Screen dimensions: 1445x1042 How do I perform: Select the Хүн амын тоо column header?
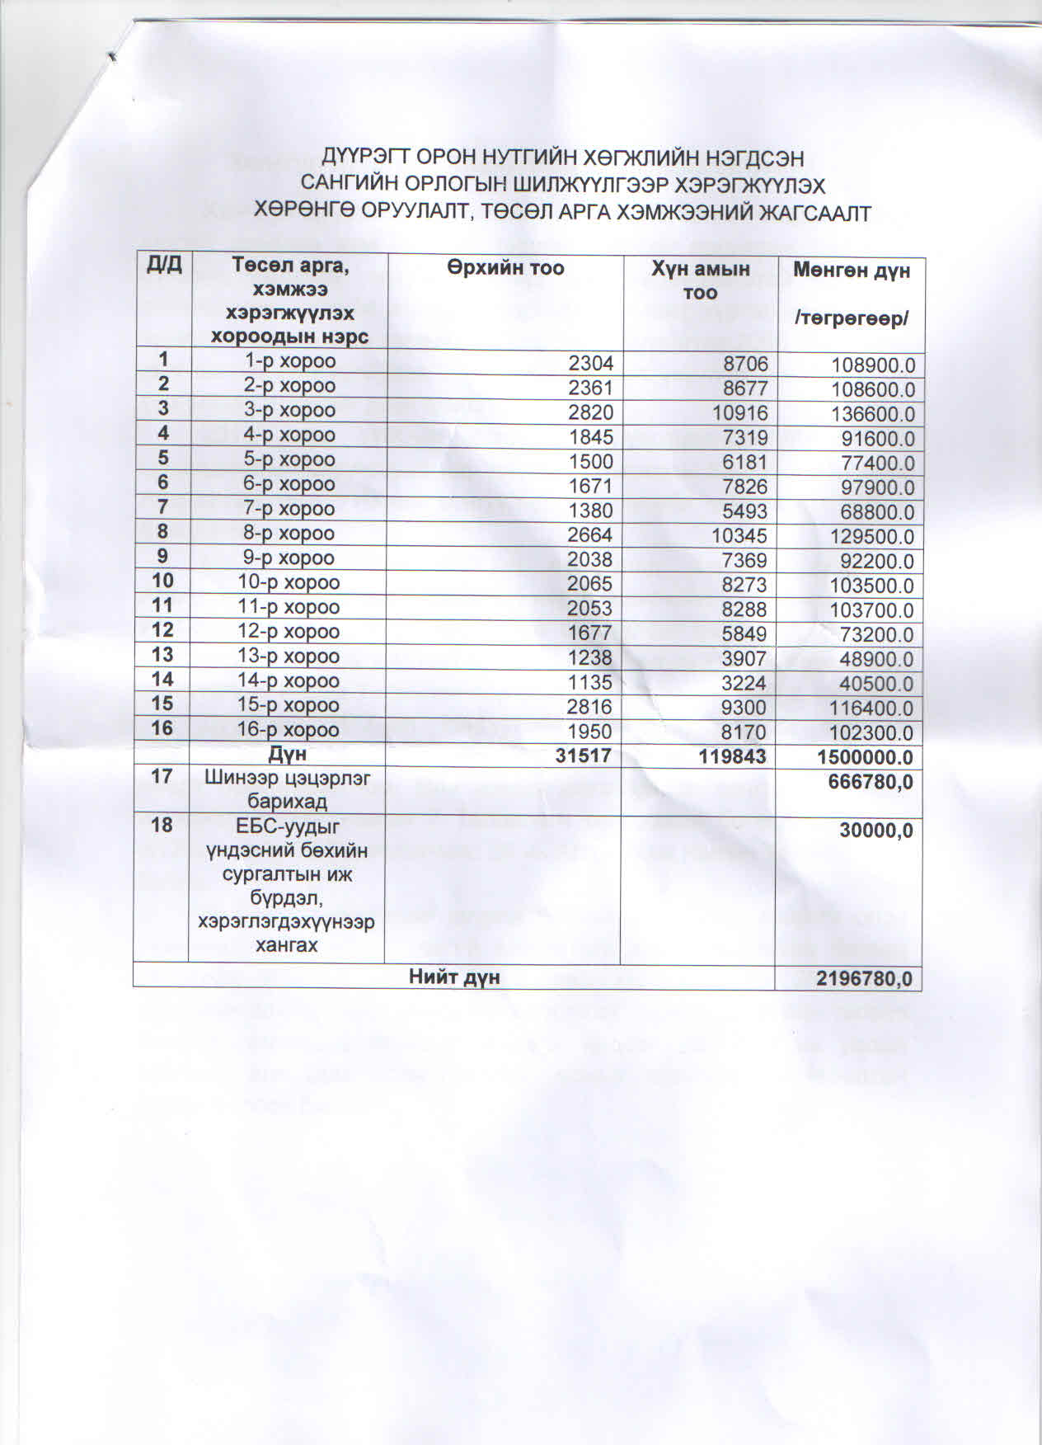(x=700, y=280)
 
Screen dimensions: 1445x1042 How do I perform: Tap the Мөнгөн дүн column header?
(x=851, y=270)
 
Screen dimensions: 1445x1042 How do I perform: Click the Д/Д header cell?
(x=163, y=265)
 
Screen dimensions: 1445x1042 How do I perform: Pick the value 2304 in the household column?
(x=591, y=362)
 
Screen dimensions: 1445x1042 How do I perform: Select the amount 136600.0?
(x=873, y=414)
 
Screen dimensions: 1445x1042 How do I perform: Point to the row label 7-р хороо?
(x=289, y=509)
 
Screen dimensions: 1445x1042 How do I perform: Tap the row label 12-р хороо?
(x=289, y=632)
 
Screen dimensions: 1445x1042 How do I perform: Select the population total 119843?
(x=732, y=756)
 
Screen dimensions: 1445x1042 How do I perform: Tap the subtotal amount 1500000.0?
(x=865, y=757)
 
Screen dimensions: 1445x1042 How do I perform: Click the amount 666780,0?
(x=870, y=782)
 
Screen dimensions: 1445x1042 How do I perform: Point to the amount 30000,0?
(x=875, y=831)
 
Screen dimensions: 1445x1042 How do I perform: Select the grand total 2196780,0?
(x=864, y=978)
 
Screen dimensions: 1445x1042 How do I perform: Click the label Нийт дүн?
(x=454, y=977)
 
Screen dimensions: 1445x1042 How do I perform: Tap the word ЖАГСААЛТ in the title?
(x=814, y=213)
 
